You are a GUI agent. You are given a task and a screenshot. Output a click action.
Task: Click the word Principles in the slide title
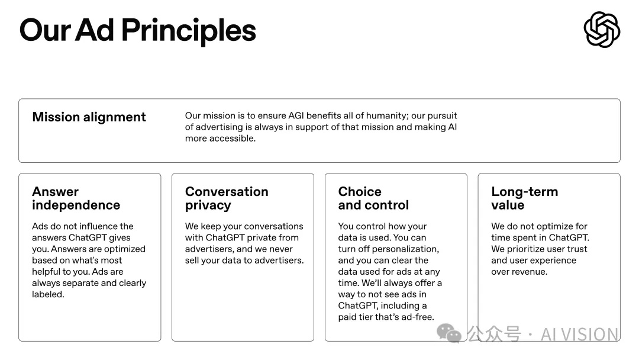pyautogui.click(x=189, y=31)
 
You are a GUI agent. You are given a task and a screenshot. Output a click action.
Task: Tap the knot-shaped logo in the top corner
pyautogui.click(x=602, y=30)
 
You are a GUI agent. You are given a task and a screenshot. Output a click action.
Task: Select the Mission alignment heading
pyautogui.click(x=89, y=117)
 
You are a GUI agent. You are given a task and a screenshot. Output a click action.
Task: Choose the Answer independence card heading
pyautogui.click(x=76, y=198)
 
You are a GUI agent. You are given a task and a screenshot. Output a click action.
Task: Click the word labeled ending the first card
pyautogui.click(x=48, y=294)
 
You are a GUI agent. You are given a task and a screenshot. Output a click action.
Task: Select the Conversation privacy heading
pyautogui.click(x=227, y=198)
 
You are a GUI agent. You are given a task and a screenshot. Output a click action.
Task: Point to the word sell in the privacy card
pyautogui.click(x=192, y=261)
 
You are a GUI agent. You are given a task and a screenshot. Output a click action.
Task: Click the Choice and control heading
pyautogui.click(x=373, y=198)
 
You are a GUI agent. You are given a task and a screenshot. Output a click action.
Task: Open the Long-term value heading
pyautogui.click(x=524, y=198)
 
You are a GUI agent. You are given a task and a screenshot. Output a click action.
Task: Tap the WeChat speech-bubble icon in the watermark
pyautogui.click(x=448, y=333)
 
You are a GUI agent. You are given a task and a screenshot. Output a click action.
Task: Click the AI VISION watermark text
pyautogui.click(x=579, y=335)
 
